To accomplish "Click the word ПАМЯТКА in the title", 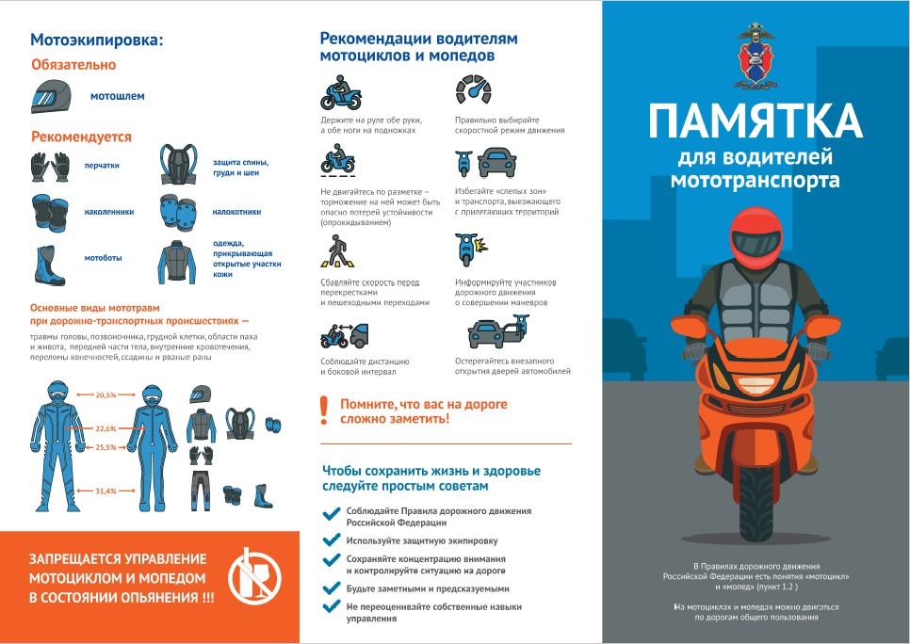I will pyautogui.click(x=755, y=121).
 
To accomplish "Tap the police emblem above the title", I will pyautogui.click(x=756, y=56).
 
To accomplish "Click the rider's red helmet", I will pyautogui.click(x=754, y=232).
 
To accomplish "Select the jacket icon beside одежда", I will pyautogui.click(x=176, y=261).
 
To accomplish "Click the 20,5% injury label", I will pyautogui.click(x=106, y=394).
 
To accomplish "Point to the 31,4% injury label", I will pyautogui.click(x=106, y=491).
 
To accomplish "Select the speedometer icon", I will pyautogui.click(x=473, y=90).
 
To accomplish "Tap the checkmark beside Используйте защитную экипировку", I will pyautogui.click(x=331, y=540).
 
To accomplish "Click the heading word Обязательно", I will pyautogui.click(x=73, y=65).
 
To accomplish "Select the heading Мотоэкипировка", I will pyautogui.click(x=97, y=40).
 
